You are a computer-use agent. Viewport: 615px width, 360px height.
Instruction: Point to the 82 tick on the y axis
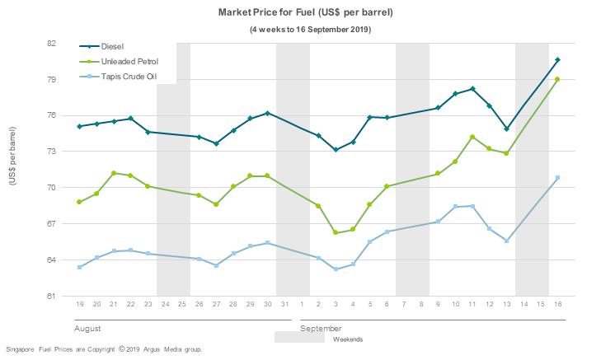(51, 43)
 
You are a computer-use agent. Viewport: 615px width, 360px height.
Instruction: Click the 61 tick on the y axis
(51, 296)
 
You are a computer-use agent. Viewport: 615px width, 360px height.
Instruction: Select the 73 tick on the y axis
(51, 152)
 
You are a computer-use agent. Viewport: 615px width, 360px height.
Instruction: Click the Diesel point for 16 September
(557, 60)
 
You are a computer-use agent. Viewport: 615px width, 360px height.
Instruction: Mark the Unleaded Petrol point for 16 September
(557, 79)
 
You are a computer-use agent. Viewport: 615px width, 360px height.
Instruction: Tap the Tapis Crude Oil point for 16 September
(557, 178)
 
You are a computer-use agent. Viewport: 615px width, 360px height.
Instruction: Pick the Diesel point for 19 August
(80, 126)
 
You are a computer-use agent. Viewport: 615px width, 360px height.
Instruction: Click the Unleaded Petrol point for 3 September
(336, 233)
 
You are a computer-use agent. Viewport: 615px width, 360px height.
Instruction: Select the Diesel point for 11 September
(472, 89)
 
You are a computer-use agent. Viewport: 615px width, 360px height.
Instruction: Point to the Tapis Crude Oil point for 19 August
(80, 268)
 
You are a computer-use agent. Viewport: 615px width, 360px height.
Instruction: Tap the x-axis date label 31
(284, 305)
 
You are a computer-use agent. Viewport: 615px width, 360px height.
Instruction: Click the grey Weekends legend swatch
(299, 337)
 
